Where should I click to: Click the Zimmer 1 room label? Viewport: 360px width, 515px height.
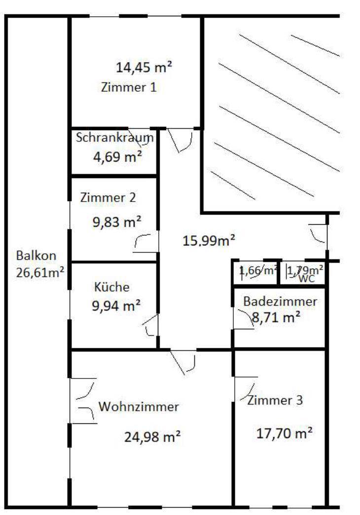pos(129,87)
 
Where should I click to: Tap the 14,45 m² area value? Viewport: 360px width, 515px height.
pos(144,68)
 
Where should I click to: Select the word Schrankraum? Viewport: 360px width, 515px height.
pos(115,137)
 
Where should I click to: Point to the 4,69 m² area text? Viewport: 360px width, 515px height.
pos(118,157)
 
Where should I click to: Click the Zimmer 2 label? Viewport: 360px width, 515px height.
pos(108,198)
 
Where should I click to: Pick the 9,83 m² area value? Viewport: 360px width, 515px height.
pos(117,222)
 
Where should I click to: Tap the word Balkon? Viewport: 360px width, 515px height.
pos(36,256)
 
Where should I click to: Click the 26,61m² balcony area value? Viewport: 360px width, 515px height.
pos(40,272)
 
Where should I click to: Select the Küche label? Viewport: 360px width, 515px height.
pos(112,287)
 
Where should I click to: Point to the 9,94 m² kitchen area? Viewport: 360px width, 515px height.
pos(116,306)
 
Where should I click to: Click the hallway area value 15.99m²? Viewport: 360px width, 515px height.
pos(209,241)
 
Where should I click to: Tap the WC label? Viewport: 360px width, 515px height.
pos(306,279)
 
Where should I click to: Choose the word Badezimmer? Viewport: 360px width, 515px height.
pos(280,302)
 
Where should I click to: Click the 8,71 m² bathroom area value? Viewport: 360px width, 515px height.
pos(276,317)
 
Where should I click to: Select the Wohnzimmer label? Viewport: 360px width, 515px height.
pos(139,407)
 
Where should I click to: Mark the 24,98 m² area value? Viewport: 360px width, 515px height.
pos(152,437)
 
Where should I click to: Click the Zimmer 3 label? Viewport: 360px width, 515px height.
pos(275,400)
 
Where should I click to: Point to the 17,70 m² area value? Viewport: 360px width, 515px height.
pos(284,433)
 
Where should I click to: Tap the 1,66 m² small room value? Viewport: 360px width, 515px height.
pos(258,271)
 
